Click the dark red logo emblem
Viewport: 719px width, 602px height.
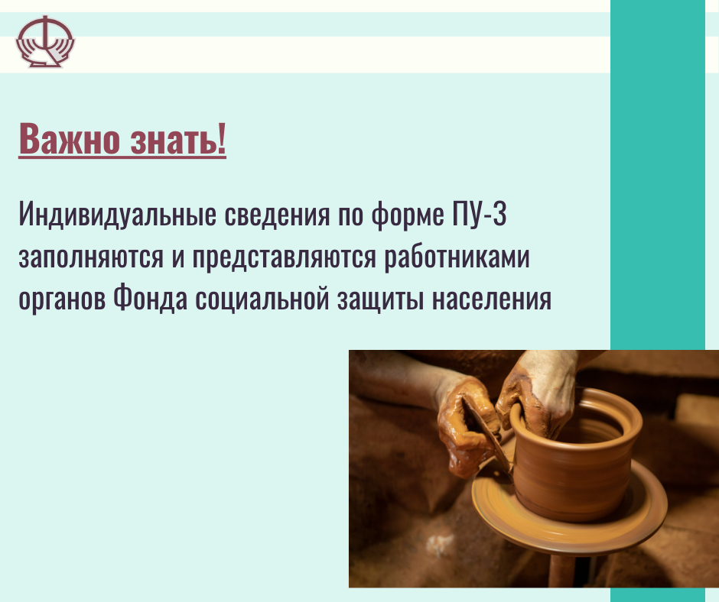coord(45,42)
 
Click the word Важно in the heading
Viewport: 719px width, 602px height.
coord(70,139)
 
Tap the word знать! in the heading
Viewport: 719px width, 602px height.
coord(178,139)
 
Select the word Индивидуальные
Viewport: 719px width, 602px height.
coord(117,215)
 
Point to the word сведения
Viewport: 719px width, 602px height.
coord(277,215)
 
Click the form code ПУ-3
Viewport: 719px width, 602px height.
coord(479,213)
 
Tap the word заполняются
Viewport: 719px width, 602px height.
coord(91,257)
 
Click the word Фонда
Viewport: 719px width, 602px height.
coord(151,299)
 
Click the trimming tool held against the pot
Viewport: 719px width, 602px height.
coord(488,440)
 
